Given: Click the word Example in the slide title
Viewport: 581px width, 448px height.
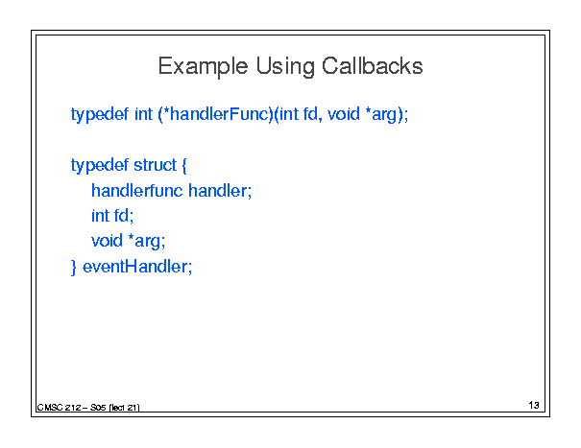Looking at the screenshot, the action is (x=203, y=66).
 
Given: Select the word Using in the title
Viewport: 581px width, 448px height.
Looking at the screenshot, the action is (x=284, y=66).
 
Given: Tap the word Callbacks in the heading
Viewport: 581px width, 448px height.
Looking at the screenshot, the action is (x=372, y=66).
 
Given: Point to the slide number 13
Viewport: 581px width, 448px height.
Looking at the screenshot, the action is (x=534, y=405).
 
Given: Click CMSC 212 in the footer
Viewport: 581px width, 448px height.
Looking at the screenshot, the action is (x=60, y=408).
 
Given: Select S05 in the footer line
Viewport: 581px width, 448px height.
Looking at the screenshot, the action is (x=98, y=408).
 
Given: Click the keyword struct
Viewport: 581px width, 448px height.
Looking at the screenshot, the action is (x=156, y=165).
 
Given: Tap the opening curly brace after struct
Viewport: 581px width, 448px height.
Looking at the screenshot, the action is (x=184, y=166).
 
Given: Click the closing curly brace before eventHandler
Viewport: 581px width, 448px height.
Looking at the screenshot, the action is (x=73, y=267).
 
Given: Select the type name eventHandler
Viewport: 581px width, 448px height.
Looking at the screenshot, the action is (x=136, y=266).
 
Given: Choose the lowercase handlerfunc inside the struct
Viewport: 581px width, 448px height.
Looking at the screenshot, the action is (x=137, y=190).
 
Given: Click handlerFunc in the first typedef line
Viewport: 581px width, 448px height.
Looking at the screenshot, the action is (x=221, y=113).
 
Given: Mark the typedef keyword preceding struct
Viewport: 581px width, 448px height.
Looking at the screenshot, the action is (x=100, y=166).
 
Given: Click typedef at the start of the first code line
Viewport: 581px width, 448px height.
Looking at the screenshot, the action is (x=100, y=114).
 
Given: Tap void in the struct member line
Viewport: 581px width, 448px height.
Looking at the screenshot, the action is (x=107, y=241).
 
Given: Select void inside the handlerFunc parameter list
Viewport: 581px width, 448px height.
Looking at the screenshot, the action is (x=344, y=113).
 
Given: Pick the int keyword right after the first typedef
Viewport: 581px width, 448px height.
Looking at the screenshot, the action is (x=143, y=113).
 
